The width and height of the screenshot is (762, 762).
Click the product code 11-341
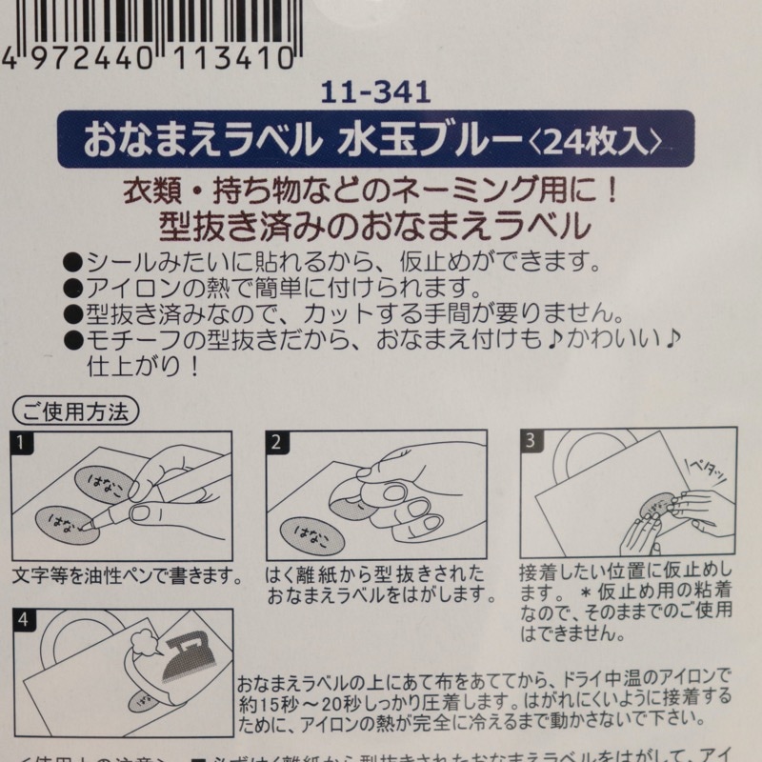(376, 92)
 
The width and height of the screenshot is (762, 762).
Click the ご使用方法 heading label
(77, 411)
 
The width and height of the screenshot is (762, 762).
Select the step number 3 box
(531, 441)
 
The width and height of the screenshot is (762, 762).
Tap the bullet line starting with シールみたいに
(334, 260)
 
